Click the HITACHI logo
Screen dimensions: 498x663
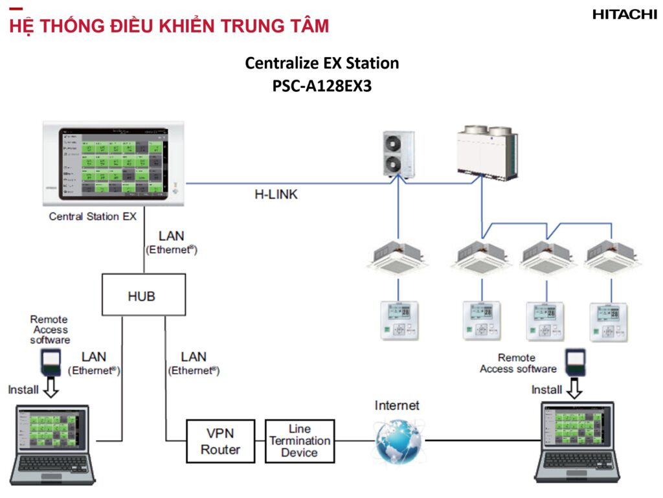coord(624,14)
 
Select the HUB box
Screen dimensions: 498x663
coord(143,295)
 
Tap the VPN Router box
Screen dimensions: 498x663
coord(220,441)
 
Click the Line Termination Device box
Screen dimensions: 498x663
coord(300,441)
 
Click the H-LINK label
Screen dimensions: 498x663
coord(276,194)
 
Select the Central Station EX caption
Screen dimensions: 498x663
coord(93,216)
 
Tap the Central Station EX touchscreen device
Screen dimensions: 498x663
coord(113,163)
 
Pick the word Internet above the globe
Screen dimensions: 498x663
coord(397,406)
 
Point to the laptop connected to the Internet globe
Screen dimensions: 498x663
coord(579,441)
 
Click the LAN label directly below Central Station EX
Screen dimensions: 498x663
coord(171,237)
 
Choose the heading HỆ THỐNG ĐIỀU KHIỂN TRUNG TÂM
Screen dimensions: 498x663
coord(169,27)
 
